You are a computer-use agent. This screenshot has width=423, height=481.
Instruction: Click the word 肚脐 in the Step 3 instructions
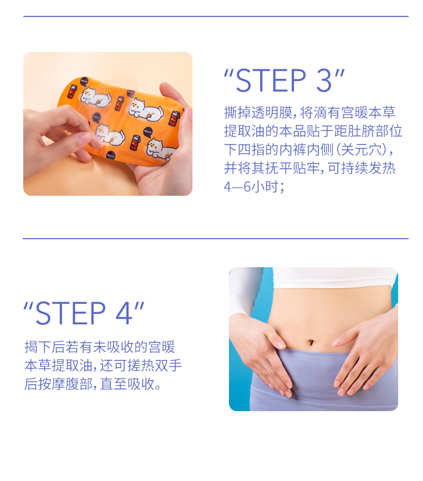344,131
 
